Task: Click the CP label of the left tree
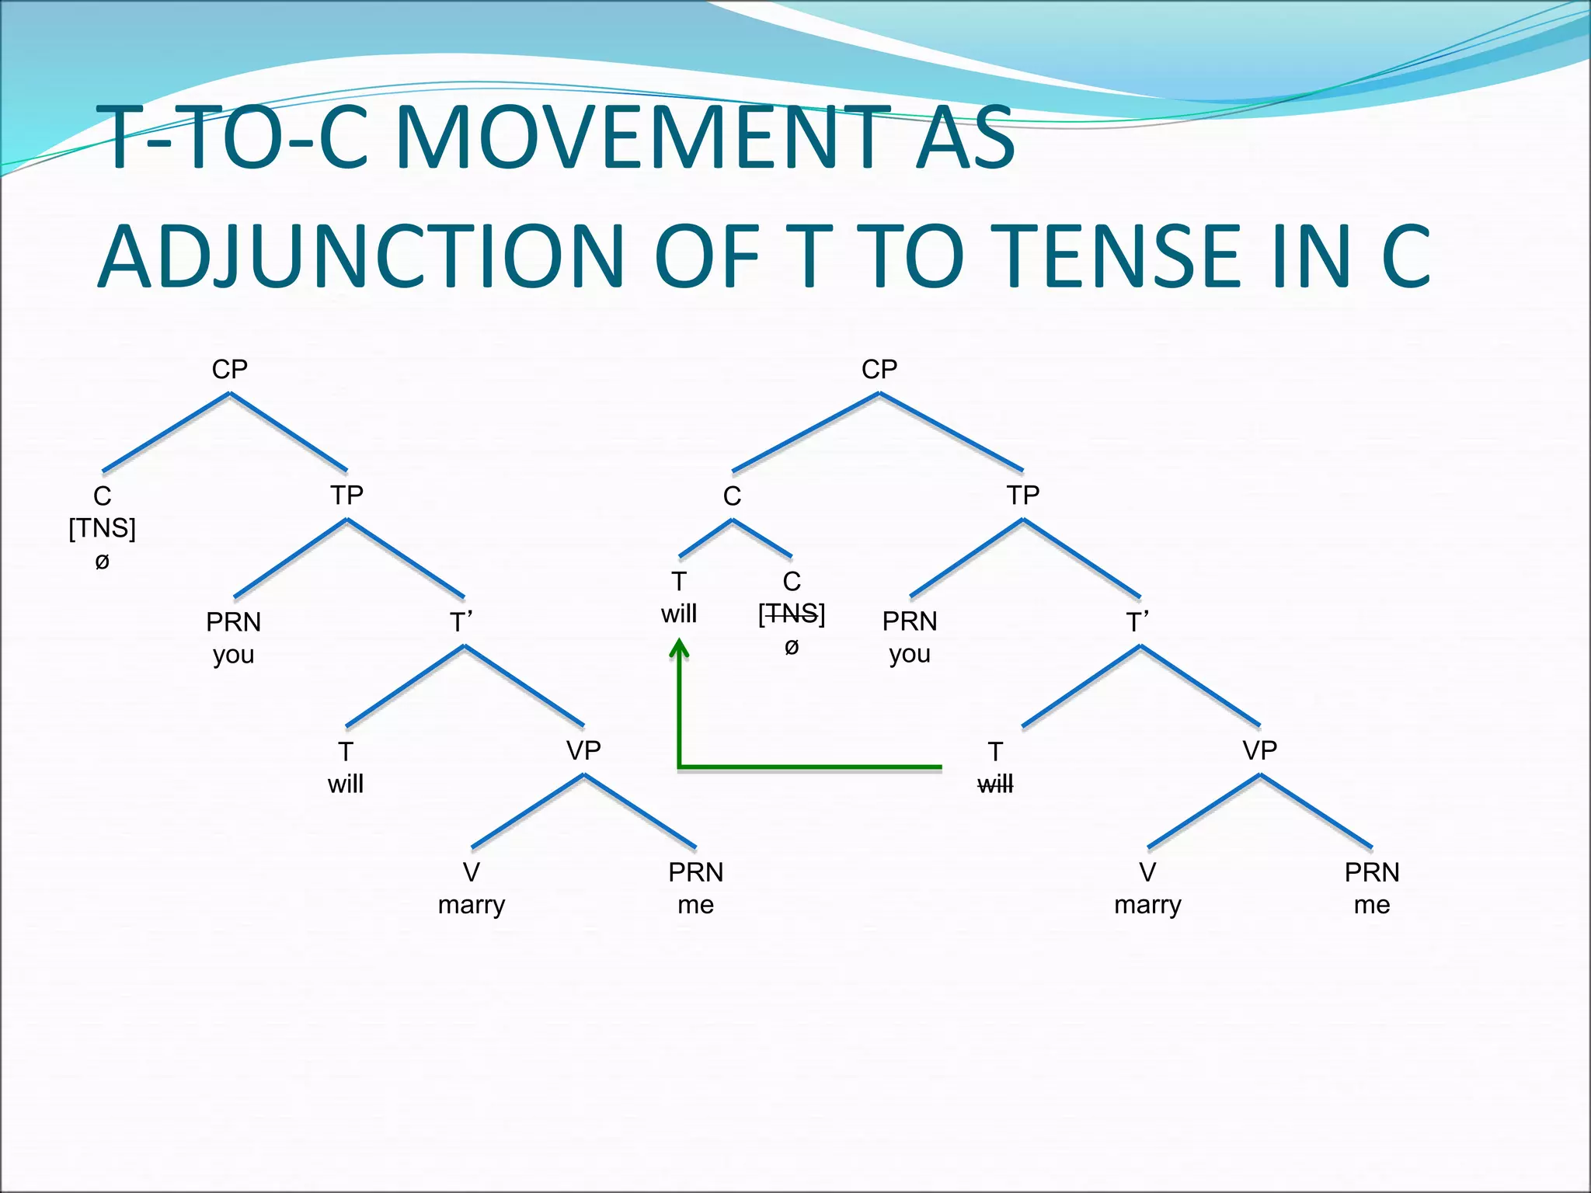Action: click(x=230, y=369)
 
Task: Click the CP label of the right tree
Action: click(x=879, y=369)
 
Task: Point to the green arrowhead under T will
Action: click(x=680, y=649)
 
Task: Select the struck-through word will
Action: click(x=995, y=784)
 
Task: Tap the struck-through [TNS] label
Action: click(x=792, y=614)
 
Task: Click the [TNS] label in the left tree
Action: click(x=103, y=528)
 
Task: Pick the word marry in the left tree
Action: click(x=472, y=905)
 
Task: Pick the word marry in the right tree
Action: click(x=1147, y=905)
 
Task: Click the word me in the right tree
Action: click(x=1372, y=905)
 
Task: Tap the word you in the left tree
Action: click(x=234, y=655)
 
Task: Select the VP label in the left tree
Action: click(x=583, y=750)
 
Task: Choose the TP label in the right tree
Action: click(x=1023, y=495)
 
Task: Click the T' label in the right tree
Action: click(x=1137, y=622)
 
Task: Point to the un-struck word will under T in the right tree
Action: click(x=679, y=614)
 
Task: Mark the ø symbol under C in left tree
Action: click(x=103, y=561)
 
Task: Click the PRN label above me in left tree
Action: click(x=695, y=872)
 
